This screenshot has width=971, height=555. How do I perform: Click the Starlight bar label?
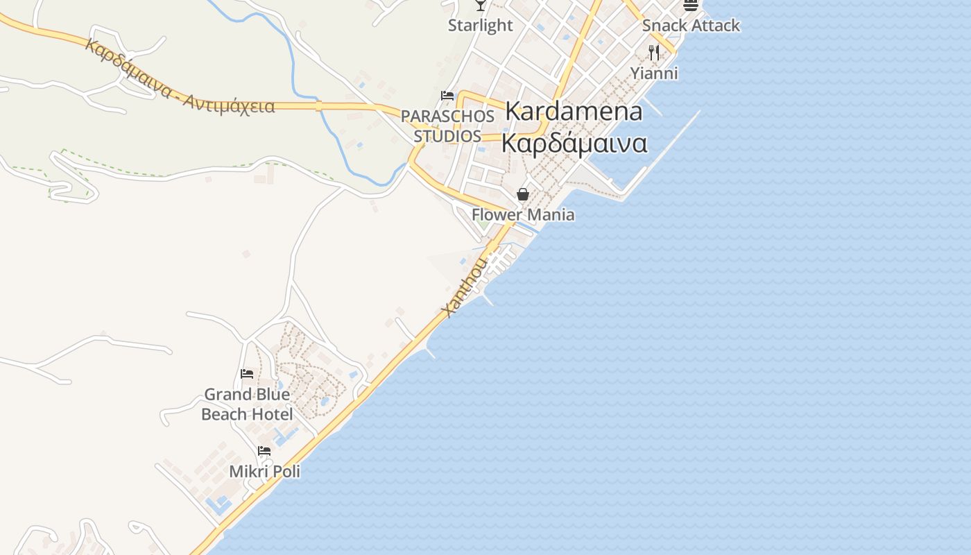tap(480, 26)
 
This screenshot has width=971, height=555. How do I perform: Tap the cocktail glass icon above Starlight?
tap(480, 5)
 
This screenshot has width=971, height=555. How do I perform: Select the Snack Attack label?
tap(691, 26)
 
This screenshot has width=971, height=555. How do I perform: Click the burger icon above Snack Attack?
tap(690, 5)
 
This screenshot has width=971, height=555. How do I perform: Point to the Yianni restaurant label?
tap(654, 73)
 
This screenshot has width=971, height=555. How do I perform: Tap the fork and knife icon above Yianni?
tap(653, 52)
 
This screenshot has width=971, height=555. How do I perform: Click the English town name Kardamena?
tap(574, 111)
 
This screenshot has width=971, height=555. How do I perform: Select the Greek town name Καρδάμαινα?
tap(574, 144)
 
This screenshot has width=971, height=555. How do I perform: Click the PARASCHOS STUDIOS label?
tap(447, 126)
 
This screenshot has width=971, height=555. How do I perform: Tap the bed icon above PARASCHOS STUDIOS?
tap(447, 96)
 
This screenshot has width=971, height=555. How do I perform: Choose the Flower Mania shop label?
tap(523, 214)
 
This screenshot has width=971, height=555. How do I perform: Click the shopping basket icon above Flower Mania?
tap(523, 194)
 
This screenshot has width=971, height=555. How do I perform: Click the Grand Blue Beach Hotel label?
tap(246, 404)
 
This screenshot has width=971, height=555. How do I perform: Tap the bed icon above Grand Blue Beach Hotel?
tap(246, 374)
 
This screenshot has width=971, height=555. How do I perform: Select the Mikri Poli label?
tap(264, 472)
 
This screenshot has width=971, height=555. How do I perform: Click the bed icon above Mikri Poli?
tap(264, 451)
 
